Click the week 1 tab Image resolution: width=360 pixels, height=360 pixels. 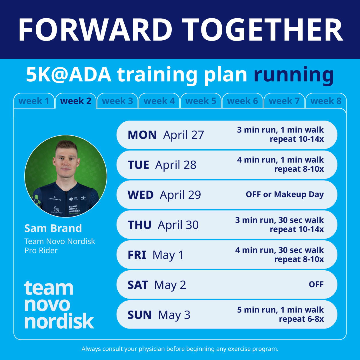pyautogui.click(x=34, y=101)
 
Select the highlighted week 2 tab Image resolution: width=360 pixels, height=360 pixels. pyautogui.click(x=76, y=101)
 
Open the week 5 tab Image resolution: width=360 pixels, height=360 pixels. pyautogui.click(x=201, y=101)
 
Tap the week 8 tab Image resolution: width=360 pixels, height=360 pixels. pyautogui.click(x=326, y=101)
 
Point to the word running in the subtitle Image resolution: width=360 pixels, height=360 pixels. pyautogui.click(x=294, y=75)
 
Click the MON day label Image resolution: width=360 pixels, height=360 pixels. pyautogui.click(x=142, y=135)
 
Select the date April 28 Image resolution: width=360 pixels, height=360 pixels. pyautogui.click(x=176, y=165)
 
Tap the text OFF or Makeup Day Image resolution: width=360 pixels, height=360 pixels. pyautogui.click(x=285, y=195)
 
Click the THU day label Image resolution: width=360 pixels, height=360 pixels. pyautogui.click(x=139, y=225)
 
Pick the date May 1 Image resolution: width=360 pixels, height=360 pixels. pyautogui.click(x=168, y=255)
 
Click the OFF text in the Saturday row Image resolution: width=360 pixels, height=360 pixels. pyautogui.click(x=316, y=285)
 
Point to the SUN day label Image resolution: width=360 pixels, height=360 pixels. pyautogui.click(x=139, y=315)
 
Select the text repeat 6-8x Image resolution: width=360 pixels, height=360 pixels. pyautogui.click(x=301, y=319)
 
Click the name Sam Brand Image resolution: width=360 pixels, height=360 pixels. pyautogui.click(x=53, y=228)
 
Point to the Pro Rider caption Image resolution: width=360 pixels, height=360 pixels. pyautogui.click(x=41, y=251)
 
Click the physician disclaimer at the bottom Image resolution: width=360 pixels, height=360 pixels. pyautogui.click(x=180, y=349)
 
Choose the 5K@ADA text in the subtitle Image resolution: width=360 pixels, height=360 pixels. pyautogui.click(x=69, y=75)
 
